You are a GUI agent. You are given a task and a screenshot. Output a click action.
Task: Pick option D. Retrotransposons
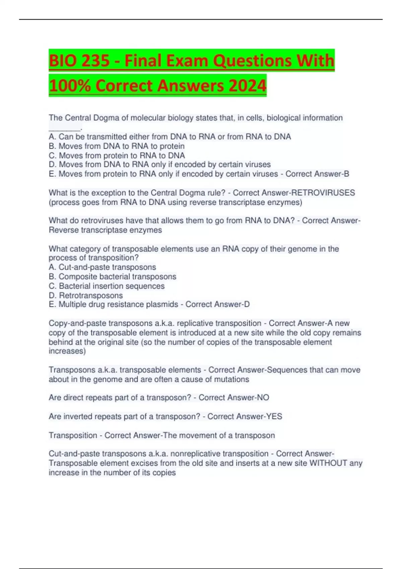pyautogui.click(x=86, y=296)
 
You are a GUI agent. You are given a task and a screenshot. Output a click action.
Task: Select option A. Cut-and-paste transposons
pyautogui.click(x=102, y=267)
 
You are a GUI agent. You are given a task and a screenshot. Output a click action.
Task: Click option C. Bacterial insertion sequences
pyautogui.click(x=107, y=286)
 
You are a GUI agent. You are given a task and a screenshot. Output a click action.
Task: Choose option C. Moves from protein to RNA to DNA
pyautogui.click(x=117, y=156)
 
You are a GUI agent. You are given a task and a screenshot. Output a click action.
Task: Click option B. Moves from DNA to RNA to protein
pyautogui.click(x=117, y=146)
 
